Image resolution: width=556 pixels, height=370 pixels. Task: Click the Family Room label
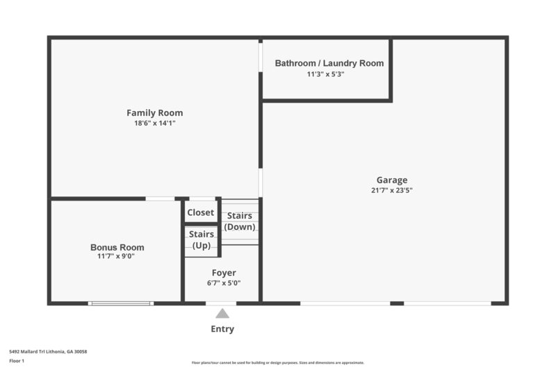[154, 112]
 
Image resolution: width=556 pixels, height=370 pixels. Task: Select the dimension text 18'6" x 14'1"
[154, 124]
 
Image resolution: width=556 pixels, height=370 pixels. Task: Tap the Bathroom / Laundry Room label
[329, 63]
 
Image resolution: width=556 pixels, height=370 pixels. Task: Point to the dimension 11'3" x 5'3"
[326, 74]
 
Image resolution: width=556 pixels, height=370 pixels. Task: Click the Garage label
[392, 180]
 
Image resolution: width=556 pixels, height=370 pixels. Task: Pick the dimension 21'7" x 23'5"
[392, 190]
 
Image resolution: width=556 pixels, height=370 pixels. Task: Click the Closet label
[201, 212]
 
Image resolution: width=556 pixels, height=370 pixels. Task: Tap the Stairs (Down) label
[240, 221]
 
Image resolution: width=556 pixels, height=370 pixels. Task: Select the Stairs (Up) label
[201, 240]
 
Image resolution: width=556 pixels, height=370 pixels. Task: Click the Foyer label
[223, 273]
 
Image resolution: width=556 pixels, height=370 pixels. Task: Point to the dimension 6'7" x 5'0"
[223, 283]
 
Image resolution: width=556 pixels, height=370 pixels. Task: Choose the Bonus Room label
[117, 247]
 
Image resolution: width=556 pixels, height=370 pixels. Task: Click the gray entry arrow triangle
[222, 314]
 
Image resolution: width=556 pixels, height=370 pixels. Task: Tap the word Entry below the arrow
[222, 329]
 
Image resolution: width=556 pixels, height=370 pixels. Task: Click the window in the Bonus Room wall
[120, 303]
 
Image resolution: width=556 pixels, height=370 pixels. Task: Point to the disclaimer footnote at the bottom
[277, 362]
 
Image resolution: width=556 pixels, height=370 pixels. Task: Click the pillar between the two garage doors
[397, 303]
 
